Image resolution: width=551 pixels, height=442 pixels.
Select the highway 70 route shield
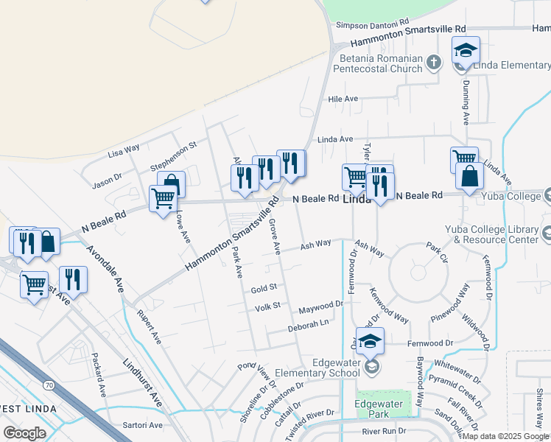coord(49,385)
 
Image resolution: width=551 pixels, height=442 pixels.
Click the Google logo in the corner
coord(24,432)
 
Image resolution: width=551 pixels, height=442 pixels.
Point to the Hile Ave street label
coord(343,99)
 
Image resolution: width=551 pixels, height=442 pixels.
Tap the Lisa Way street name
coord(124,152)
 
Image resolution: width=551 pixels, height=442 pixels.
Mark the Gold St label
coord(263,288)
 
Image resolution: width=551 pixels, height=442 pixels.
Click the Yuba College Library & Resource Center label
coord(496,234)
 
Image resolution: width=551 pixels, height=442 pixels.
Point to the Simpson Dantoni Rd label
coord(372,24)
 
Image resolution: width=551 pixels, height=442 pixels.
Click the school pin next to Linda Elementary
coord(466,51)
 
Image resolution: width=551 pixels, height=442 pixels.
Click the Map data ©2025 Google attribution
coord(505,436)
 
